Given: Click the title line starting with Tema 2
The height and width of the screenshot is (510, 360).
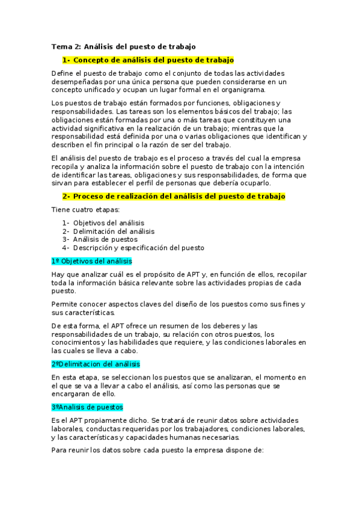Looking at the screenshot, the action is pos(123,46).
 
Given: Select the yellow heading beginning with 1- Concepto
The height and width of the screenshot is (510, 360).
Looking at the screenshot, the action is pos(147,60).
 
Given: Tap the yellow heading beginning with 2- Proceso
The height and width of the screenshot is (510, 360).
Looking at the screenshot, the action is pos(174,197).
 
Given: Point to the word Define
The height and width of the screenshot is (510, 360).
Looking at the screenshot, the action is pos(63,73).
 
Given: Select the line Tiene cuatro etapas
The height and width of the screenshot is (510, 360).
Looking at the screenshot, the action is pos(85,210).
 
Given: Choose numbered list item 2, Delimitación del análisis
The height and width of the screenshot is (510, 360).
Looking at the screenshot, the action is pos(108,231).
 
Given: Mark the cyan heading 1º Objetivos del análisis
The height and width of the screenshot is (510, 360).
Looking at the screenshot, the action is pos(91,261).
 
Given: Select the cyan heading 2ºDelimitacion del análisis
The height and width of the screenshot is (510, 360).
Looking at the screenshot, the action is pos(96,364).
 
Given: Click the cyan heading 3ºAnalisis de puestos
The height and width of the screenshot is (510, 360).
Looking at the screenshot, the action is pos(87,407).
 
